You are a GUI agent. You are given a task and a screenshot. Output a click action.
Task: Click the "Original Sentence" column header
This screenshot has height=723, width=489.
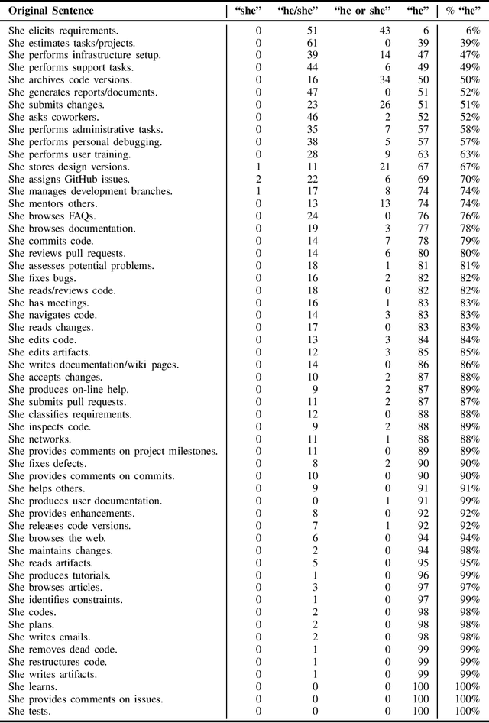(x=51, y=11)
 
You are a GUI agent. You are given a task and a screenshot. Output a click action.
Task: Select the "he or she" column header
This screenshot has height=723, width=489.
(x=360, y=11)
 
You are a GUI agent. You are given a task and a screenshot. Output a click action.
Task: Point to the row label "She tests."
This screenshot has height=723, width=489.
(x=30, y=711)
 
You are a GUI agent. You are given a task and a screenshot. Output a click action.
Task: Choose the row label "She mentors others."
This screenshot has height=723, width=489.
(x=53, y=204)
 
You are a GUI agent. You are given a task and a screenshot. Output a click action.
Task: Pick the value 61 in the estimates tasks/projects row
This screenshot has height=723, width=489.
(x=310, y=43)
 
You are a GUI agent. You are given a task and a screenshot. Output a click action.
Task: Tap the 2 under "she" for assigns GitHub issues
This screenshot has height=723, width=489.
(x=258, y=179)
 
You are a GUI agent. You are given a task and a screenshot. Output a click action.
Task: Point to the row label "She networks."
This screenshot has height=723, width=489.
(x=40, y=439)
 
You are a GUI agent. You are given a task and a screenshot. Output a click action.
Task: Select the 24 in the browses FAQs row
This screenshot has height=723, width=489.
(x=310, y=216)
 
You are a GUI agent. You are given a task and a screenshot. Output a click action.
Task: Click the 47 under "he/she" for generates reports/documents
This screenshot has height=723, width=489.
(x=310, y=92)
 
